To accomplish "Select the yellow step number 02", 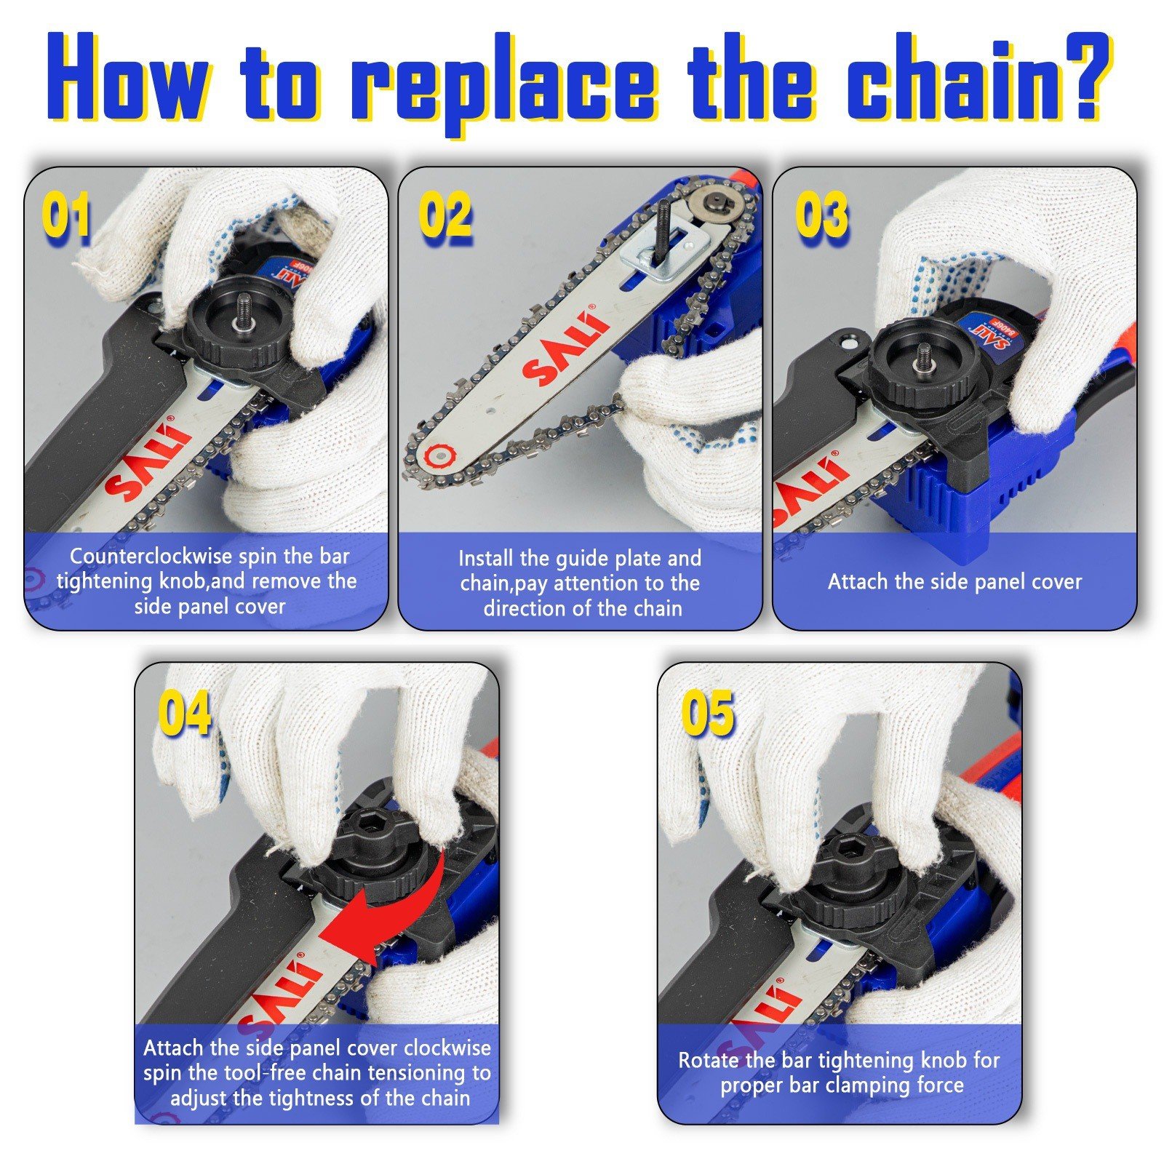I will tap(444, 216).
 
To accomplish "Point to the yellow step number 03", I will tap(821, 216).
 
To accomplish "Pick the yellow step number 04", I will tap(184, 713).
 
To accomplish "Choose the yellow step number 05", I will tap(707, 713).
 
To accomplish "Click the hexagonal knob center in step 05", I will tap(849, 845).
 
